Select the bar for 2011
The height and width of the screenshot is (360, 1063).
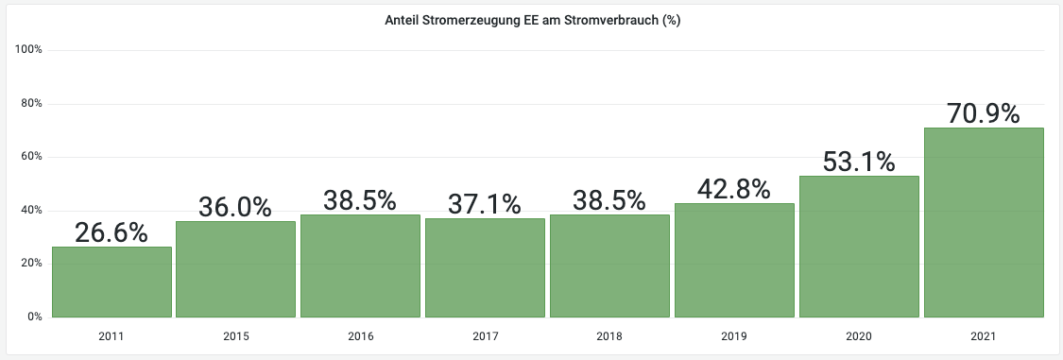[111, 282]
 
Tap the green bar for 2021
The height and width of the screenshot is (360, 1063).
[983, 222]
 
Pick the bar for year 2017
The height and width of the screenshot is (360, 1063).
[485, 267]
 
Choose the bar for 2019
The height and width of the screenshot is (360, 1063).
[734, 260]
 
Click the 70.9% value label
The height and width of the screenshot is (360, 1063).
[983, 113]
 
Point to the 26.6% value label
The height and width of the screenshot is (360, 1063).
[111, 232]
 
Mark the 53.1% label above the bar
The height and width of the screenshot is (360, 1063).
[858, 162]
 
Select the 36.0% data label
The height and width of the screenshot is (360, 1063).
[236, 207]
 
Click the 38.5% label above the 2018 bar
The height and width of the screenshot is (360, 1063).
[609, 200]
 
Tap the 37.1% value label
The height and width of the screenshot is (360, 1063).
[485, 204]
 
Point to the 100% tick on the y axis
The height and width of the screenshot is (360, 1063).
[30, 49]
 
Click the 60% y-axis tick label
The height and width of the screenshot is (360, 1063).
[32, 157]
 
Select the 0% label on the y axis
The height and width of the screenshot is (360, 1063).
[35, 317]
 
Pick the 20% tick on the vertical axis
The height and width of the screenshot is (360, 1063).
[32, 264]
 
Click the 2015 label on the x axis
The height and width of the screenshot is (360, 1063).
[236, 336]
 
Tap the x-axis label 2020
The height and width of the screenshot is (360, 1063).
[858, 336]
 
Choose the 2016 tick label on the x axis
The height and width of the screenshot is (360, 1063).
[360, 336]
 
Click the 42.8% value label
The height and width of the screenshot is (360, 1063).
[734, 189]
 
